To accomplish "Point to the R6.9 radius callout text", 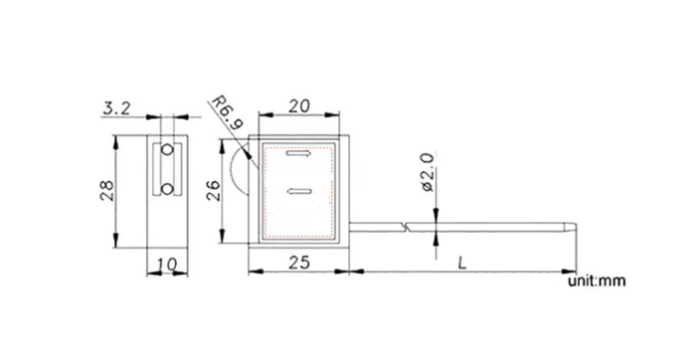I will (x=228, y=113).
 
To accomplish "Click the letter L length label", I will (x=463, y=263).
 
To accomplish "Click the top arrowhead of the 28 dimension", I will (x=117, y=136).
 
